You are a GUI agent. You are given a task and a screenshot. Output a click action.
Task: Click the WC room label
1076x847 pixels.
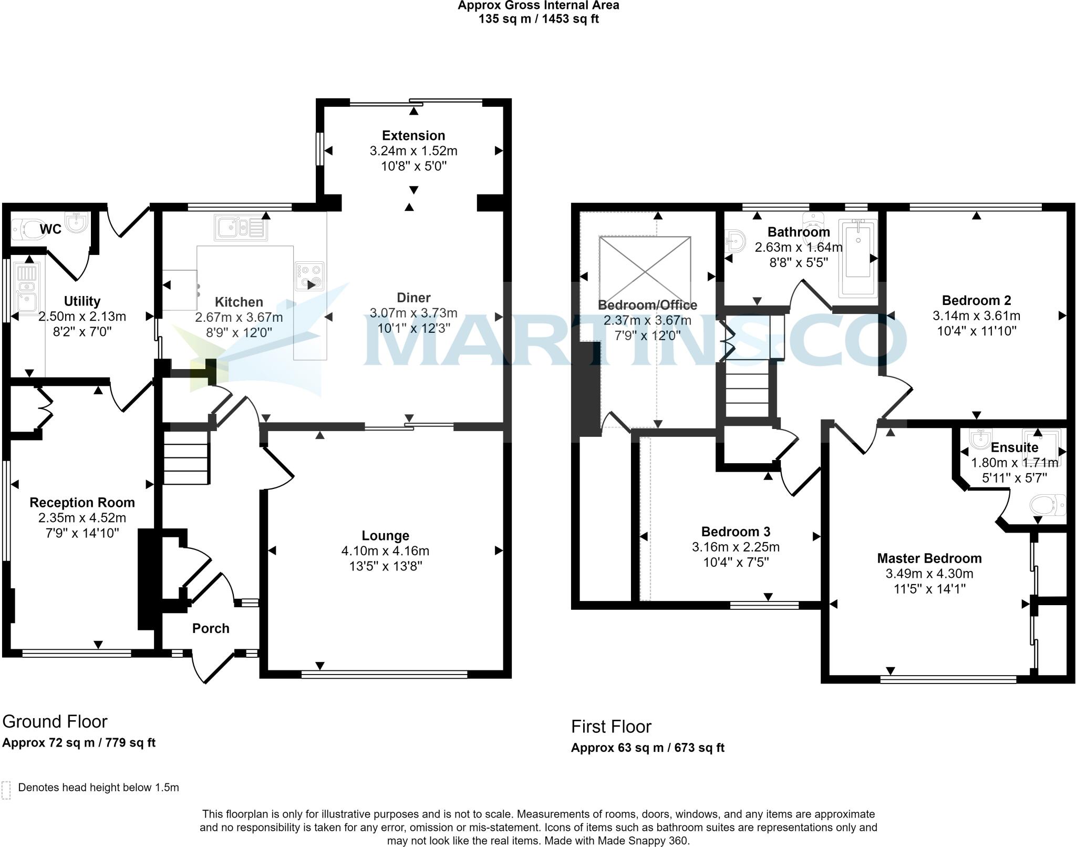(50, 229)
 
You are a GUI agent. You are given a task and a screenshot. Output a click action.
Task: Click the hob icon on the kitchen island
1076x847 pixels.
(309, 276)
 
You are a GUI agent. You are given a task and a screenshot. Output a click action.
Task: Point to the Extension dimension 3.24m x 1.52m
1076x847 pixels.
(413, 151)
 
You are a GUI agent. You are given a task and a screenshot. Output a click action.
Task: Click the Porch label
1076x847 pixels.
(211, 628)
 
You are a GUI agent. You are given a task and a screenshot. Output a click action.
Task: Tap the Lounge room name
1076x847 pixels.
(385, 536)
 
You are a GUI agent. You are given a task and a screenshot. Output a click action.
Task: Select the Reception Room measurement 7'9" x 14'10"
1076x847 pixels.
(82, 533)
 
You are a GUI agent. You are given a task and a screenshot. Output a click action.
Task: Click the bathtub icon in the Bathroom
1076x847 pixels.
(857, 258)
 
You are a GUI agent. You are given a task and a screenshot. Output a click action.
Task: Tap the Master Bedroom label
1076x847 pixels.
(929, 558)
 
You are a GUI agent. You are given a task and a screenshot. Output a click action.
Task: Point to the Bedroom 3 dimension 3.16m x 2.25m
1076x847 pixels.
(736, 547)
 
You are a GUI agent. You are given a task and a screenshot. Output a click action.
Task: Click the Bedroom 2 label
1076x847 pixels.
(976, 301)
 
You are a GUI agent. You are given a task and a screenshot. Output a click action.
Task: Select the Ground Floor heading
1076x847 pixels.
(55, 721)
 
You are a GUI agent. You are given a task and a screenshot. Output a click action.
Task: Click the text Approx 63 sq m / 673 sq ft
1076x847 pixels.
(647, 748)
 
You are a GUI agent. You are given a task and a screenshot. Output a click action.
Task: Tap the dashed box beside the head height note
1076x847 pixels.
(6, 790)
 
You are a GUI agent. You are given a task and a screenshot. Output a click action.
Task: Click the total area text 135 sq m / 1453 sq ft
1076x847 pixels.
(538, 19)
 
